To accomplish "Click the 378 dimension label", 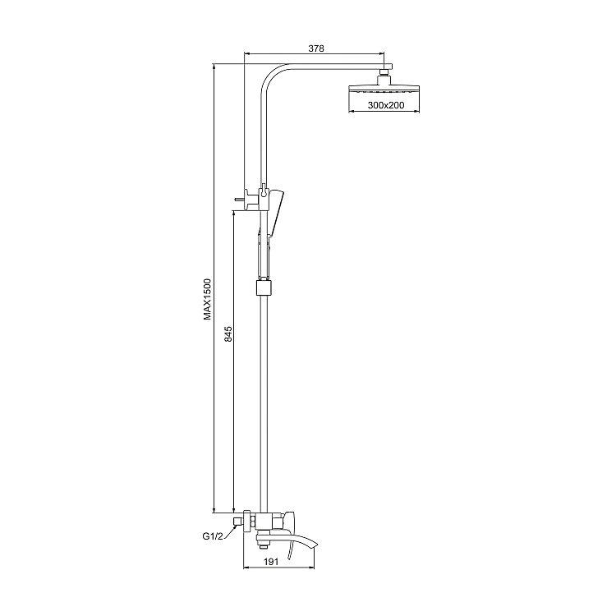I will [316, 48].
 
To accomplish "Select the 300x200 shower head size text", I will [386, 106].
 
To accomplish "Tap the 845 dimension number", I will [228, 334].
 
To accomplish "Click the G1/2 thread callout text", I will [214, 537].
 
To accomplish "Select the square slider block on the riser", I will [264, 287].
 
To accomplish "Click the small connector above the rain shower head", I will [384, 76].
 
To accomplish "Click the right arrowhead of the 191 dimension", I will [313, 568].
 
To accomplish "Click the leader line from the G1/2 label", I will [231, 531].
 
